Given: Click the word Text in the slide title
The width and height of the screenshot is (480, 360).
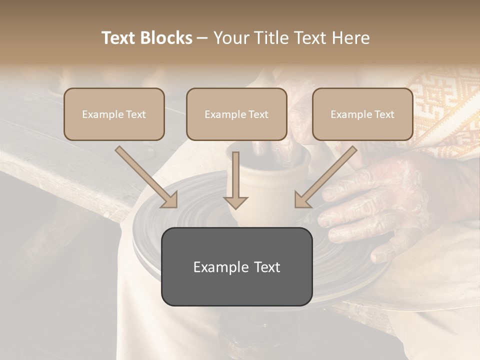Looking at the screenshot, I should click(x=118, y=38).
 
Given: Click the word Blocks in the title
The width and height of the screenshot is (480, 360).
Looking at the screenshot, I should click(x=166, y=38).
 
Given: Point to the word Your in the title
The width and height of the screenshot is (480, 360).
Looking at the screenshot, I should click(x=232, y=38).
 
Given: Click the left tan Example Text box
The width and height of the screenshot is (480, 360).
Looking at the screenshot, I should click(x=114, y=114).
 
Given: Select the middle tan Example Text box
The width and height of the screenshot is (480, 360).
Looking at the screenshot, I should click(x=236, y=114).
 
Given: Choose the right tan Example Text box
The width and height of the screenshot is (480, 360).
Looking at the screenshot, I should click(x=362, y=114).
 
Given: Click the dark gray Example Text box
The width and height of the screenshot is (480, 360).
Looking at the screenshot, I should click(x=236, y=266).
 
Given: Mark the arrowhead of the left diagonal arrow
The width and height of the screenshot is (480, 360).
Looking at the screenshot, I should click(x=170, y=200).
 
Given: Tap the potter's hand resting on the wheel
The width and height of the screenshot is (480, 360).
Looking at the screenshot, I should click(x=380, y=210).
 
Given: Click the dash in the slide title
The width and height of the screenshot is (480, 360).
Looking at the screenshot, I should click(x=202, y=38).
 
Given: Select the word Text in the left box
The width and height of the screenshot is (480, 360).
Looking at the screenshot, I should click(x=136, y=114).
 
